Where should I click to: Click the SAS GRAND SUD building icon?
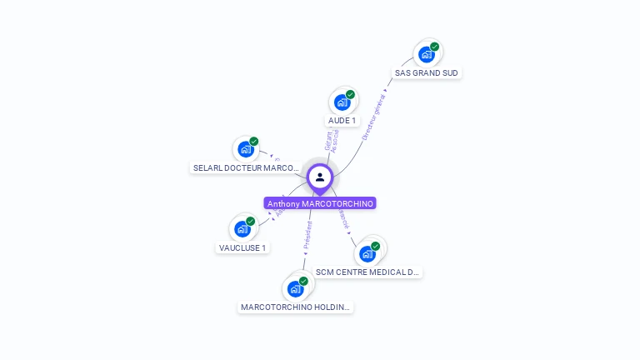(x=427, y=55)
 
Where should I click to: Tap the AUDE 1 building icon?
(x=342, y=102)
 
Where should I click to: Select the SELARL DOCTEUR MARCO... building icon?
(x=245, y=150)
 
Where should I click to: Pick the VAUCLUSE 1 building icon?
(x=242, y=229)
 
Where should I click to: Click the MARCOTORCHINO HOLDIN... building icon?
(x=295, y=289)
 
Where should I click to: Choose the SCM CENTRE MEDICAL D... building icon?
(x=367, y=253)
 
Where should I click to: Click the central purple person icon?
(x=320, y=177)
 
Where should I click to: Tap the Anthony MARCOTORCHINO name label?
(x=320, y=203)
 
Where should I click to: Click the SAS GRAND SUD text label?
(x=427, y=73)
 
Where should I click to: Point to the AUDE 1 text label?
(x=342, y=121)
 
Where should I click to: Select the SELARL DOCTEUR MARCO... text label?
(x=246, y=168)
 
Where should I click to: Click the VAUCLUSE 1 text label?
(x=242, y=247)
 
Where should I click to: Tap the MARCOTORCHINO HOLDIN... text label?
(x=296, y=307)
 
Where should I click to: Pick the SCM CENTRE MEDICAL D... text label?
(x=368, y=272)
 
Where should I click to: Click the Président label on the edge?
(x=307, y=237)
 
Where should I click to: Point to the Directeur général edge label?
(x=374, y=116)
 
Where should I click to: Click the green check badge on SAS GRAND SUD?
(x=435, y=47)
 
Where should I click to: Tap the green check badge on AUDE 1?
(x=350, y=94)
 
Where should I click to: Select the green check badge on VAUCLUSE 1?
(x=250, y=221)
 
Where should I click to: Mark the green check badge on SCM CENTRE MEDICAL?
(x=375, y=246)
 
